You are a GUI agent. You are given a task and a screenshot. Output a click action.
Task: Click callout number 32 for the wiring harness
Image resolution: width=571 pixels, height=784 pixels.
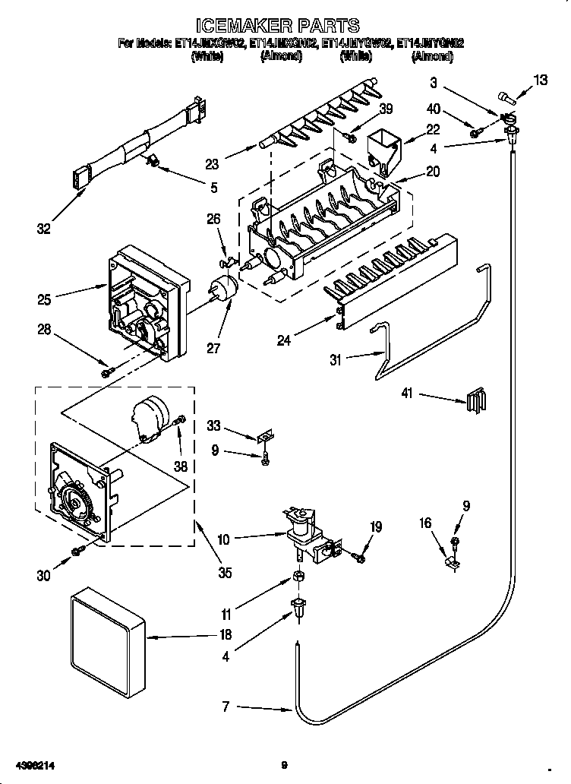44,228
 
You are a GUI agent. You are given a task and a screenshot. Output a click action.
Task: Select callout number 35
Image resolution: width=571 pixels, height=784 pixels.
224,573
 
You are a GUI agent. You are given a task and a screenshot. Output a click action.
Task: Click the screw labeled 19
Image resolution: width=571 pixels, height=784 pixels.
359,557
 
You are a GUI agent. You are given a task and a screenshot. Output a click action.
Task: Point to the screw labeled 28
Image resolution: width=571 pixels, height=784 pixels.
107,371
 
